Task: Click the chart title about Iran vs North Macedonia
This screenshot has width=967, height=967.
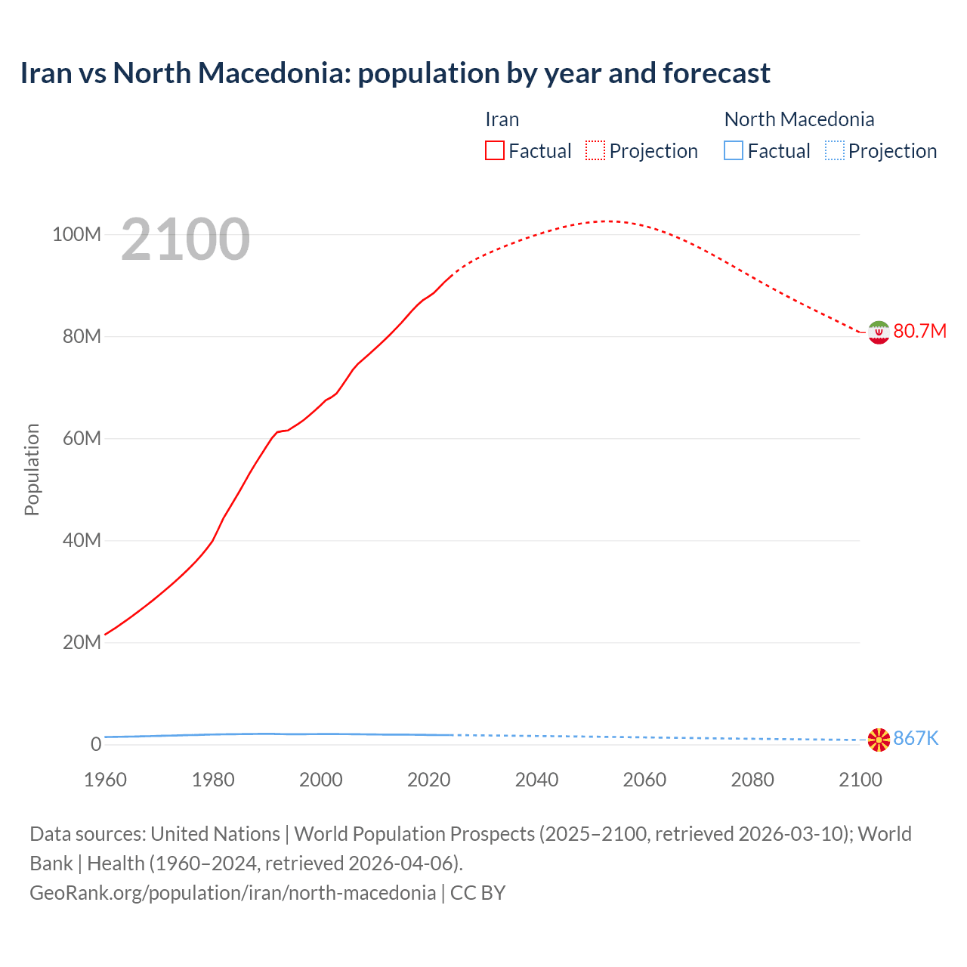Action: tap(394, 73)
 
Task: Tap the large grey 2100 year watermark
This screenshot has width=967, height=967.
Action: tap(185, 239)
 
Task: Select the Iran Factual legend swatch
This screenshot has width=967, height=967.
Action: tap(494, 150)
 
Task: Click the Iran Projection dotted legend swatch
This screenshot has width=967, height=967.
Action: tap(595, 150)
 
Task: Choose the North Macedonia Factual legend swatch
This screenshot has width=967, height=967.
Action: tap(734, 150)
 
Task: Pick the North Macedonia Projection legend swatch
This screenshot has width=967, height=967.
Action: tap(834, 150)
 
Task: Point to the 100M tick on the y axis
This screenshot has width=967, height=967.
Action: tap(76, 234)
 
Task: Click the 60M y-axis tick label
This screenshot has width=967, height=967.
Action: tap(81, 438)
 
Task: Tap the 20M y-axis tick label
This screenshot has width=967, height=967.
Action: tap(81, 642)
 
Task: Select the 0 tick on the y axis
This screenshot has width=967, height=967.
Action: tap(95, 744)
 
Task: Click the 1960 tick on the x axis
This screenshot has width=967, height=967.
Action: tap(105, 780)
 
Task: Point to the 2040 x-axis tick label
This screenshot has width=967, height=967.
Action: tap(536, 780)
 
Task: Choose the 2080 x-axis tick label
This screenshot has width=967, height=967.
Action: tap(752, 780)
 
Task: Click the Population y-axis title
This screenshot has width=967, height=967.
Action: tap(32, 469)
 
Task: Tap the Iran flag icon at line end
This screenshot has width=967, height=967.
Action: tap(879, 332)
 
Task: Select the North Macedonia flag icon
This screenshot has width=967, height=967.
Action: tap(879, 740)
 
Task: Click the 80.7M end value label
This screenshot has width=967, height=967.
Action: tap(919, 332)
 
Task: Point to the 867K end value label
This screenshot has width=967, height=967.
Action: tap(916, 739)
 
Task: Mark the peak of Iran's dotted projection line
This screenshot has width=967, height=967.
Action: tap(607, 221)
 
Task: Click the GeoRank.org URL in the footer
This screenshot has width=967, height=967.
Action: tap(233, 892)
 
